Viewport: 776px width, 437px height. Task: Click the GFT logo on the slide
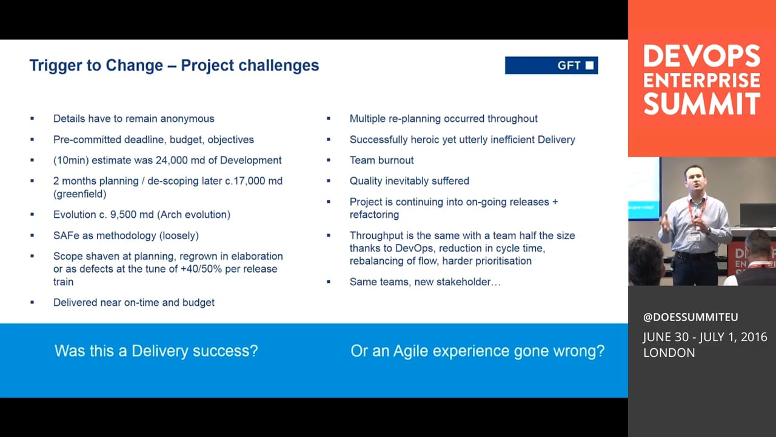click(x=551, y=65)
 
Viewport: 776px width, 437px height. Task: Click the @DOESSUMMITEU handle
click(x=691, y=317)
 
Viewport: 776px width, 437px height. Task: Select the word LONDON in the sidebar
click(x=669, y=353)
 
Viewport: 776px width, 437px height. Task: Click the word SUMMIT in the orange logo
click(x=702, y=104)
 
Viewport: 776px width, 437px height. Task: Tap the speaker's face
click(x=695, y=181)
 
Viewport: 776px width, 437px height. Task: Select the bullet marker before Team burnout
click(x=329, y=160)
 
